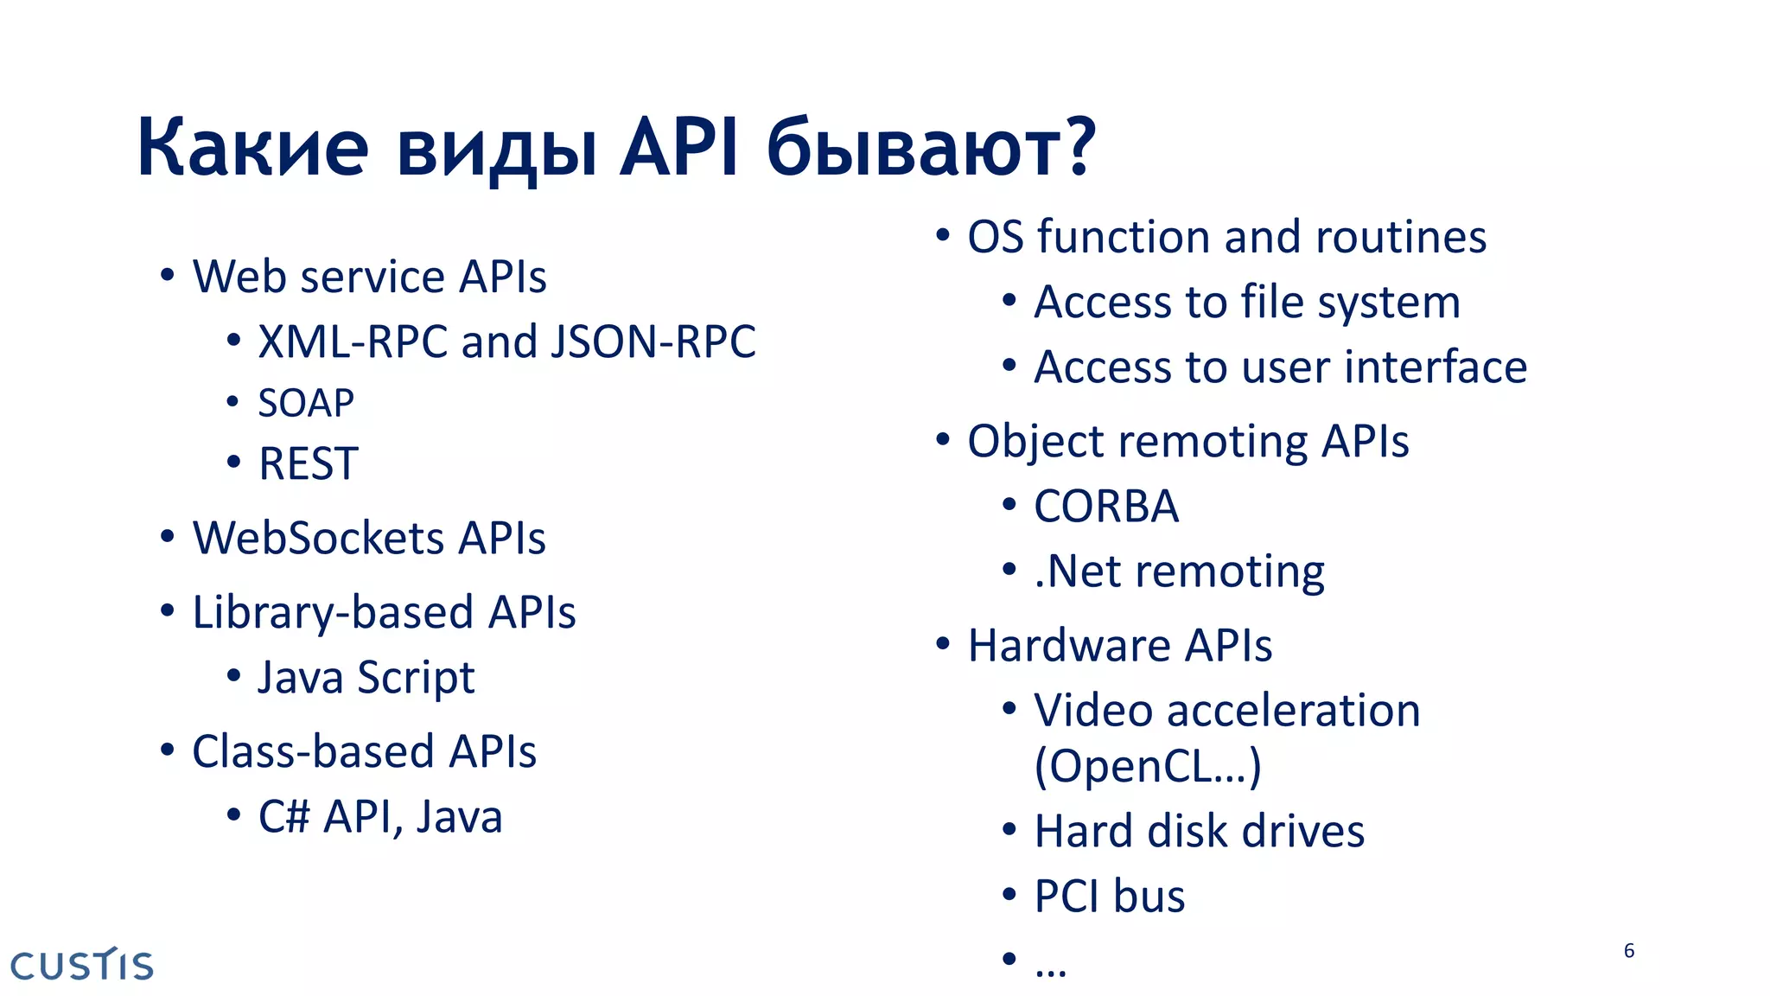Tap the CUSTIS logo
tap(82, 965)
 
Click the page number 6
tap(1629, 951)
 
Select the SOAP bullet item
tap(306, 404)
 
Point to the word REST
tap(309, 464)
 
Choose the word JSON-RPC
tap(653, 342)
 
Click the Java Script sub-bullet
tap(366, 678)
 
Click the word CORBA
tap(1106, 507)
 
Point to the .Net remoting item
tap(1179, 572)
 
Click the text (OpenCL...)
tap(1148, 766)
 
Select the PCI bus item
tap(1110, 897)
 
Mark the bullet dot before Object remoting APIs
tap(943, 440)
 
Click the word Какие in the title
tap(252, 149)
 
